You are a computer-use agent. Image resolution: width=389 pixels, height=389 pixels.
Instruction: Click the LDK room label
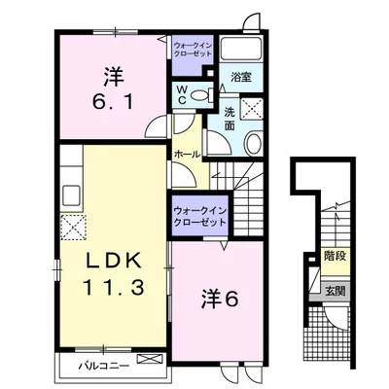[114, 260]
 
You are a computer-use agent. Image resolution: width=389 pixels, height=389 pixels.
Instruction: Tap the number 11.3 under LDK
[113, 288]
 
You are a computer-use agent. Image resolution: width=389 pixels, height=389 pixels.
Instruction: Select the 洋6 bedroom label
[221, 299]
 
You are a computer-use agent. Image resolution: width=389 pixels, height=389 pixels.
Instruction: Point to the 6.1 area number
[113, 101]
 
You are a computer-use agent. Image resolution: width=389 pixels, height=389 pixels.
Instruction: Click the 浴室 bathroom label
[241, 77]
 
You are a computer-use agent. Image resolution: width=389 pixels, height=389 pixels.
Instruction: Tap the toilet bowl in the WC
[198, 95]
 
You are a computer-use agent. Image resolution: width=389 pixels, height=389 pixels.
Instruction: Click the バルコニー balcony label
[104, 367]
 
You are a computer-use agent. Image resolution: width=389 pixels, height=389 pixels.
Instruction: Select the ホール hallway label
[188, 155]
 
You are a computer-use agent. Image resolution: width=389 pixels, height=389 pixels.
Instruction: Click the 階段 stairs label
[336, 257]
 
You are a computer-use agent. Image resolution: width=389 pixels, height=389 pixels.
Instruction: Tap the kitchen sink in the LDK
[72, 195]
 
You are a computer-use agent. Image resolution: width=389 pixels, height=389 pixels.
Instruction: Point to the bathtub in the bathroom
[241, 49]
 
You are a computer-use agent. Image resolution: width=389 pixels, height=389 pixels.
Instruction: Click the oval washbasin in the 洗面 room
[253, 144]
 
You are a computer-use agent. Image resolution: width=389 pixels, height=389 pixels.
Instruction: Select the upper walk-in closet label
[193, 50]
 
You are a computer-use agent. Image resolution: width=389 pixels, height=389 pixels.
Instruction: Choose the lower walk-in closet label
[199, 217]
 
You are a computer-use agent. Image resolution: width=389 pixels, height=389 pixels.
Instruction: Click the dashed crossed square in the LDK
[73, 228]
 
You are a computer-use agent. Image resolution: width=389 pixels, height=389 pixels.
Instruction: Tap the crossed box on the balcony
[150, 359]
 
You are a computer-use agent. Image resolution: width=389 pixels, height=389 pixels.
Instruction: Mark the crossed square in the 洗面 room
[252, 107]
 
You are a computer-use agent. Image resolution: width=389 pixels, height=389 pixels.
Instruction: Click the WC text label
[182, 95]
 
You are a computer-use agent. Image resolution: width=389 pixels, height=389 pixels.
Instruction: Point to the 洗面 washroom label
[230, 119]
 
